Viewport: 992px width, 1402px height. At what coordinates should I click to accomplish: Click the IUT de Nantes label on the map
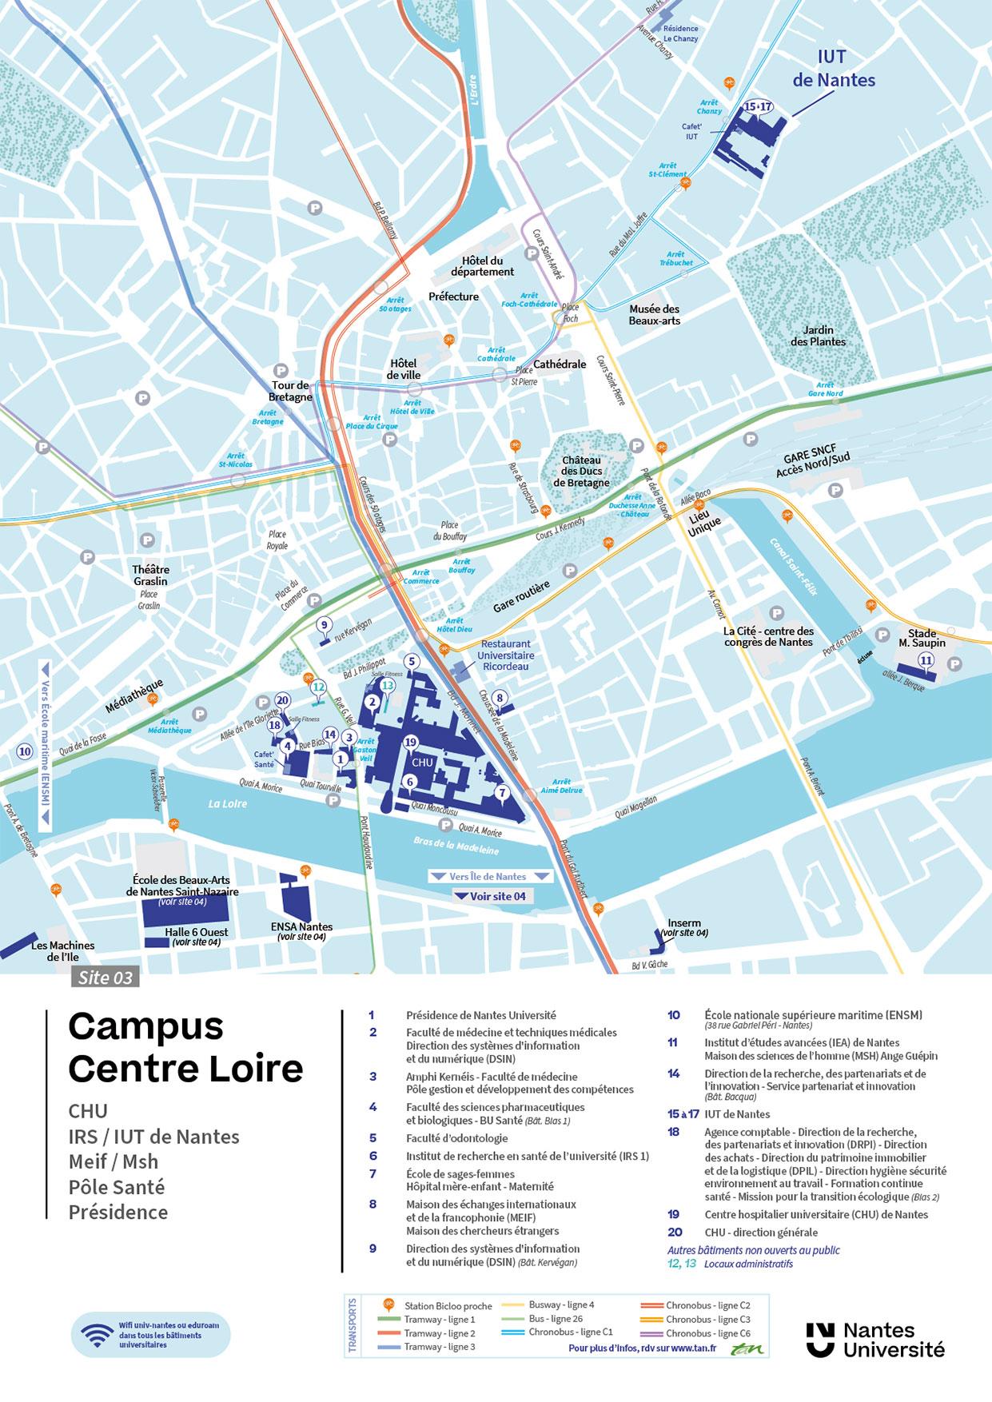833,69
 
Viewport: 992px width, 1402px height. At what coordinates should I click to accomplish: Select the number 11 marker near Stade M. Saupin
926,659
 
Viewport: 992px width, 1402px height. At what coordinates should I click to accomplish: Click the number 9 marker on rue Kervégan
324,624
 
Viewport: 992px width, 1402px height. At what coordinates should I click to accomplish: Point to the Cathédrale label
560,364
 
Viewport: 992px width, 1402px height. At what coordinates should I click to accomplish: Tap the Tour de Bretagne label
290,391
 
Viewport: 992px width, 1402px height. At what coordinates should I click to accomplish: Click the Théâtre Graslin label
151,575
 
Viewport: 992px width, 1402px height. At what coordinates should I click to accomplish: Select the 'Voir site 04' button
490,896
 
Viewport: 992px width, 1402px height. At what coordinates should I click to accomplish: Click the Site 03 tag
104,977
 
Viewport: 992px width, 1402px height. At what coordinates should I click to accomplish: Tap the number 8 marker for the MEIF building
500,698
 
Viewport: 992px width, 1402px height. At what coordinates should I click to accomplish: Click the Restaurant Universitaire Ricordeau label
505,655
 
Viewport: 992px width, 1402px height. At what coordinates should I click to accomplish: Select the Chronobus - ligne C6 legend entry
695,1332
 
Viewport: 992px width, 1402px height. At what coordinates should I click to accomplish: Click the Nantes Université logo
875,1340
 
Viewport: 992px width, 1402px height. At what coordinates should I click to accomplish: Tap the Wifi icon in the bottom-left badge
98,1335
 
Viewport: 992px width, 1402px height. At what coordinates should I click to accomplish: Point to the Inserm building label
683,924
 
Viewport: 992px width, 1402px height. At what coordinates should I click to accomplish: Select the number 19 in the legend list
673,1214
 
